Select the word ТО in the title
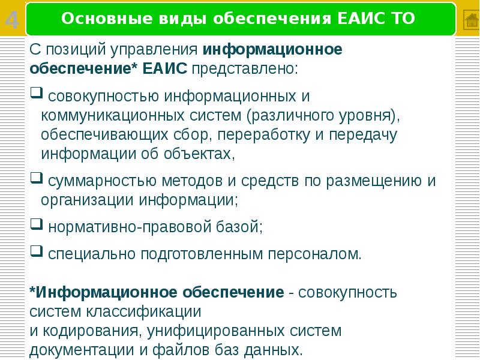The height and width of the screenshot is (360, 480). pyautogui.click(x=401, y=19)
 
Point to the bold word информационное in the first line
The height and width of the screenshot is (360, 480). pyautogui.click(x=272, y=49)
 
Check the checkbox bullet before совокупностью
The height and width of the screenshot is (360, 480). pyautogui.click(x=35, y=93)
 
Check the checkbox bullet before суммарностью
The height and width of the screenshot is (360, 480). pyautogui.click(x=35, y=178)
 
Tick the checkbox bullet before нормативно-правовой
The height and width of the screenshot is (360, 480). pyautogui.click(x=35, y=225)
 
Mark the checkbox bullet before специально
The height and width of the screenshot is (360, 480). pyautogui.click(x=35, y=252)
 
